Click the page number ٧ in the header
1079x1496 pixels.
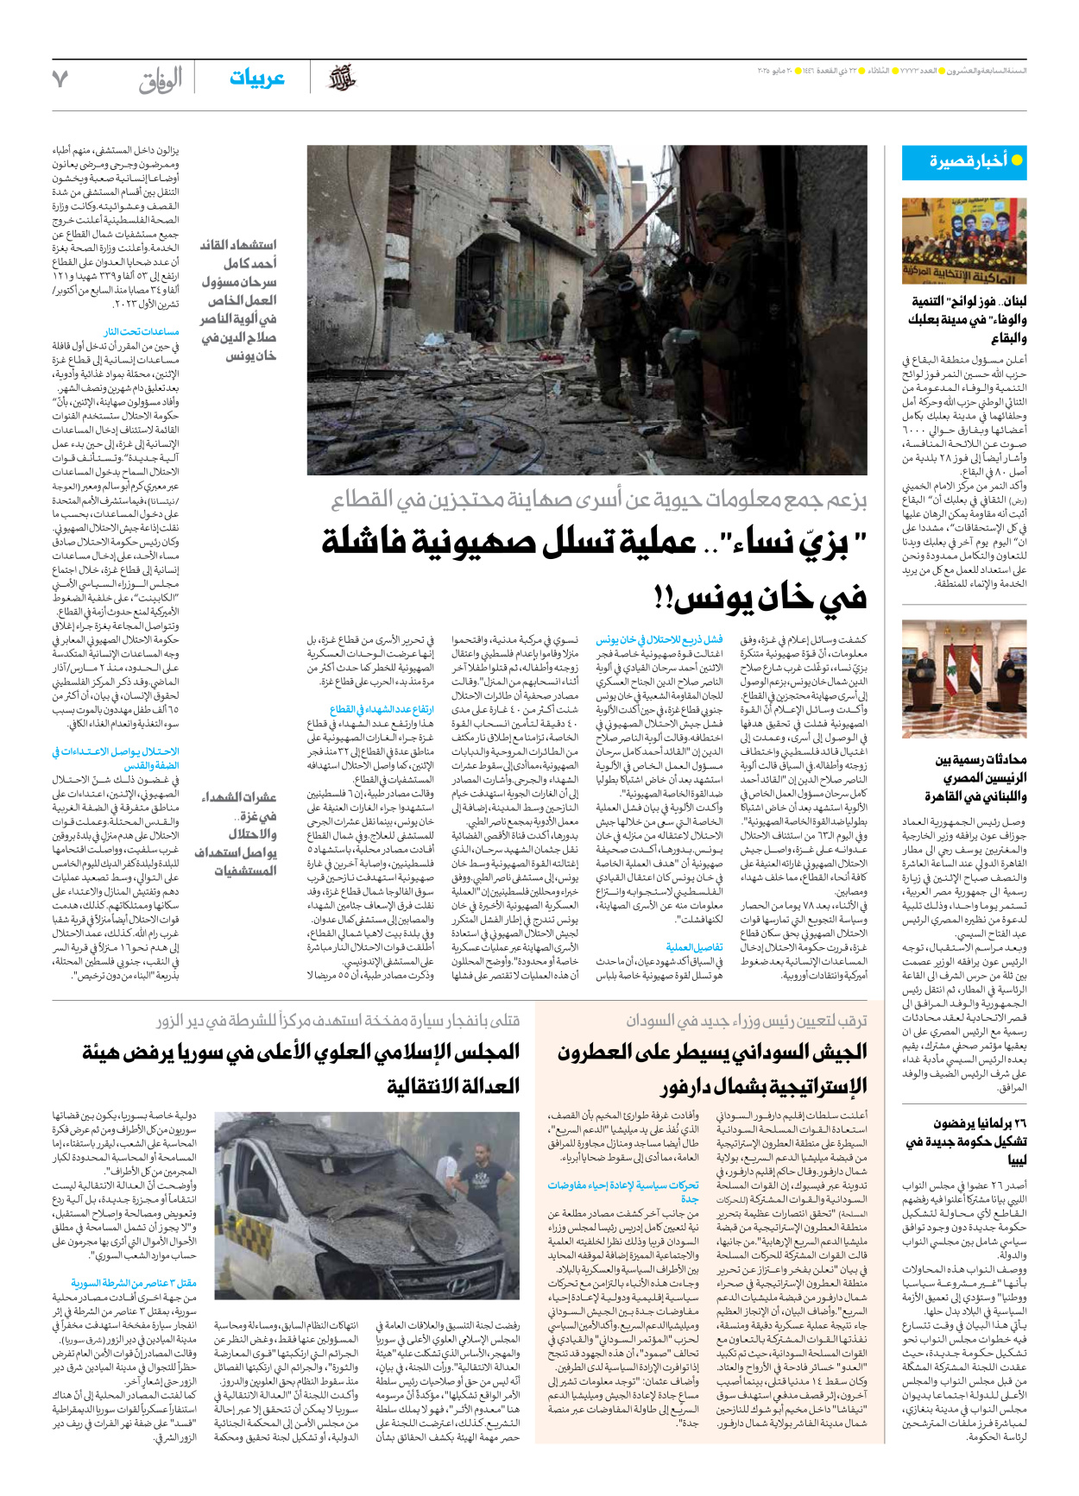[x=60, y=79]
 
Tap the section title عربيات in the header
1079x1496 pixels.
[x=256, y=79]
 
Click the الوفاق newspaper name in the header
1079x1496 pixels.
[x=161, y=81]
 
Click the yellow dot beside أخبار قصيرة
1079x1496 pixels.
[x=1017, y=160]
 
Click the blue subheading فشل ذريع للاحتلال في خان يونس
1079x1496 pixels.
[x=659, y=640]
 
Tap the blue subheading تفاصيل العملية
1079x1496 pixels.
[x=694, y=946]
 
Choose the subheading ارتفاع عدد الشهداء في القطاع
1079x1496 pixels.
[x=382, y=709]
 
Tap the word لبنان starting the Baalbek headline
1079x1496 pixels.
[x=1010, y=301]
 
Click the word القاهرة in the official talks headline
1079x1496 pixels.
[x=945, y=795]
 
